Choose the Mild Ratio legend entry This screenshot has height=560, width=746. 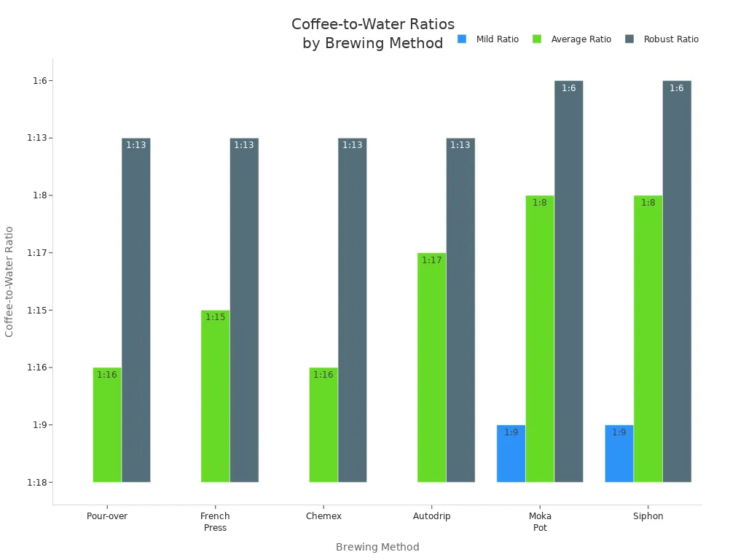coord(489,39)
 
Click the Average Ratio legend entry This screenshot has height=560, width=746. coord(573,39)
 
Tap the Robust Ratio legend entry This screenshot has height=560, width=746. coord(662,39)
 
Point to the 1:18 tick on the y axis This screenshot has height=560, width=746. coord(37,483)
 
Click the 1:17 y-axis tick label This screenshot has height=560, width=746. coord(37,253)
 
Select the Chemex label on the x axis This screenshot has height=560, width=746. coord(323,516)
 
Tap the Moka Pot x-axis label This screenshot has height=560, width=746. coord(540,522)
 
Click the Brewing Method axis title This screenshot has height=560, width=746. coord(377,547)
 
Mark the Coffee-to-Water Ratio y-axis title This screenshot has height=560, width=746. coord(9,281)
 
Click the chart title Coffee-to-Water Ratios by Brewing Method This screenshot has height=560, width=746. coord(373,34)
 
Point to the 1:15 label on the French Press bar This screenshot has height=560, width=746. coord(215,317)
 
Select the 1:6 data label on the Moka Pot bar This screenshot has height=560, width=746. coord(568,88)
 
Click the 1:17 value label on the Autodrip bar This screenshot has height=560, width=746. coord(431,260)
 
